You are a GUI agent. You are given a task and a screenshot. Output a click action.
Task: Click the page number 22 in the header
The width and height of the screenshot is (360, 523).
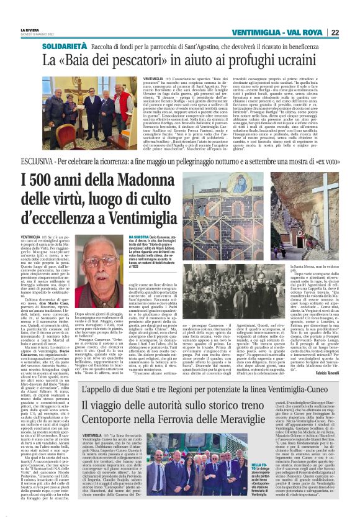click(x=351, y=32)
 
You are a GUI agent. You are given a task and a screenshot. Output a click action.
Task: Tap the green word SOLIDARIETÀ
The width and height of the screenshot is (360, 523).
click(x=64, y=46)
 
